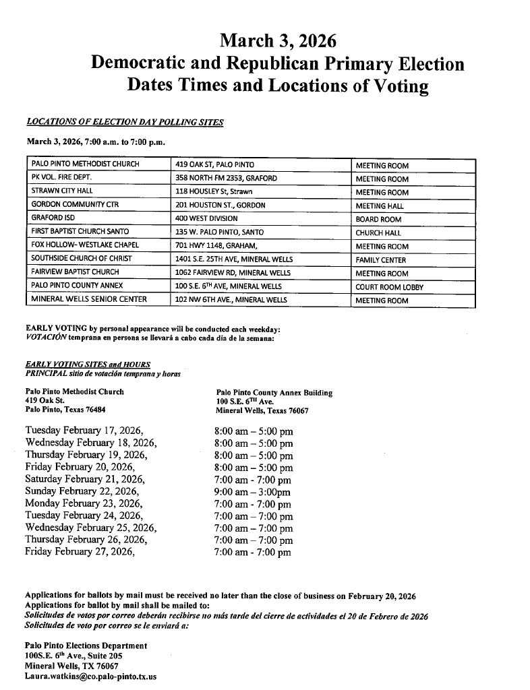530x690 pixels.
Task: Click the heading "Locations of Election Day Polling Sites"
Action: click(125, 122)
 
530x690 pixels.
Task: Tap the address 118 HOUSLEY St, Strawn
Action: click(214, 192)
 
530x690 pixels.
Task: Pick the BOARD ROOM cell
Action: click(378, 220)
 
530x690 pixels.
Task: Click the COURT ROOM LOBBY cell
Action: click(390, 287)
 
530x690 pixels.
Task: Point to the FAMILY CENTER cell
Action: click(382, 260)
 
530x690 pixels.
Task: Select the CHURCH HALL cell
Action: click(378, 233)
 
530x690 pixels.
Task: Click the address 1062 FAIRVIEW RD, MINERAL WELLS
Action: click(233, 273)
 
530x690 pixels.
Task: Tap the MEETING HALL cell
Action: click(380, 206)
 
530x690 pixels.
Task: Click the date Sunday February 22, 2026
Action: click(82, 491)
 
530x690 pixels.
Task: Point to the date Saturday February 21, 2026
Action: click(86, 479)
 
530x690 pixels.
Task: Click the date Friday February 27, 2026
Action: click(80, 552)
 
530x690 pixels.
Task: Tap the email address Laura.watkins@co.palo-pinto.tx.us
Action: click(90, 676)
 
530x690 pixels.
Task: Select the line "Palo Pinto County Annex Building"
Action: click(274, 393)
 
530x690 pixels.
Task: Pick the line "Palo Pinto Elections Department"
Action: click(86, 646)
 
